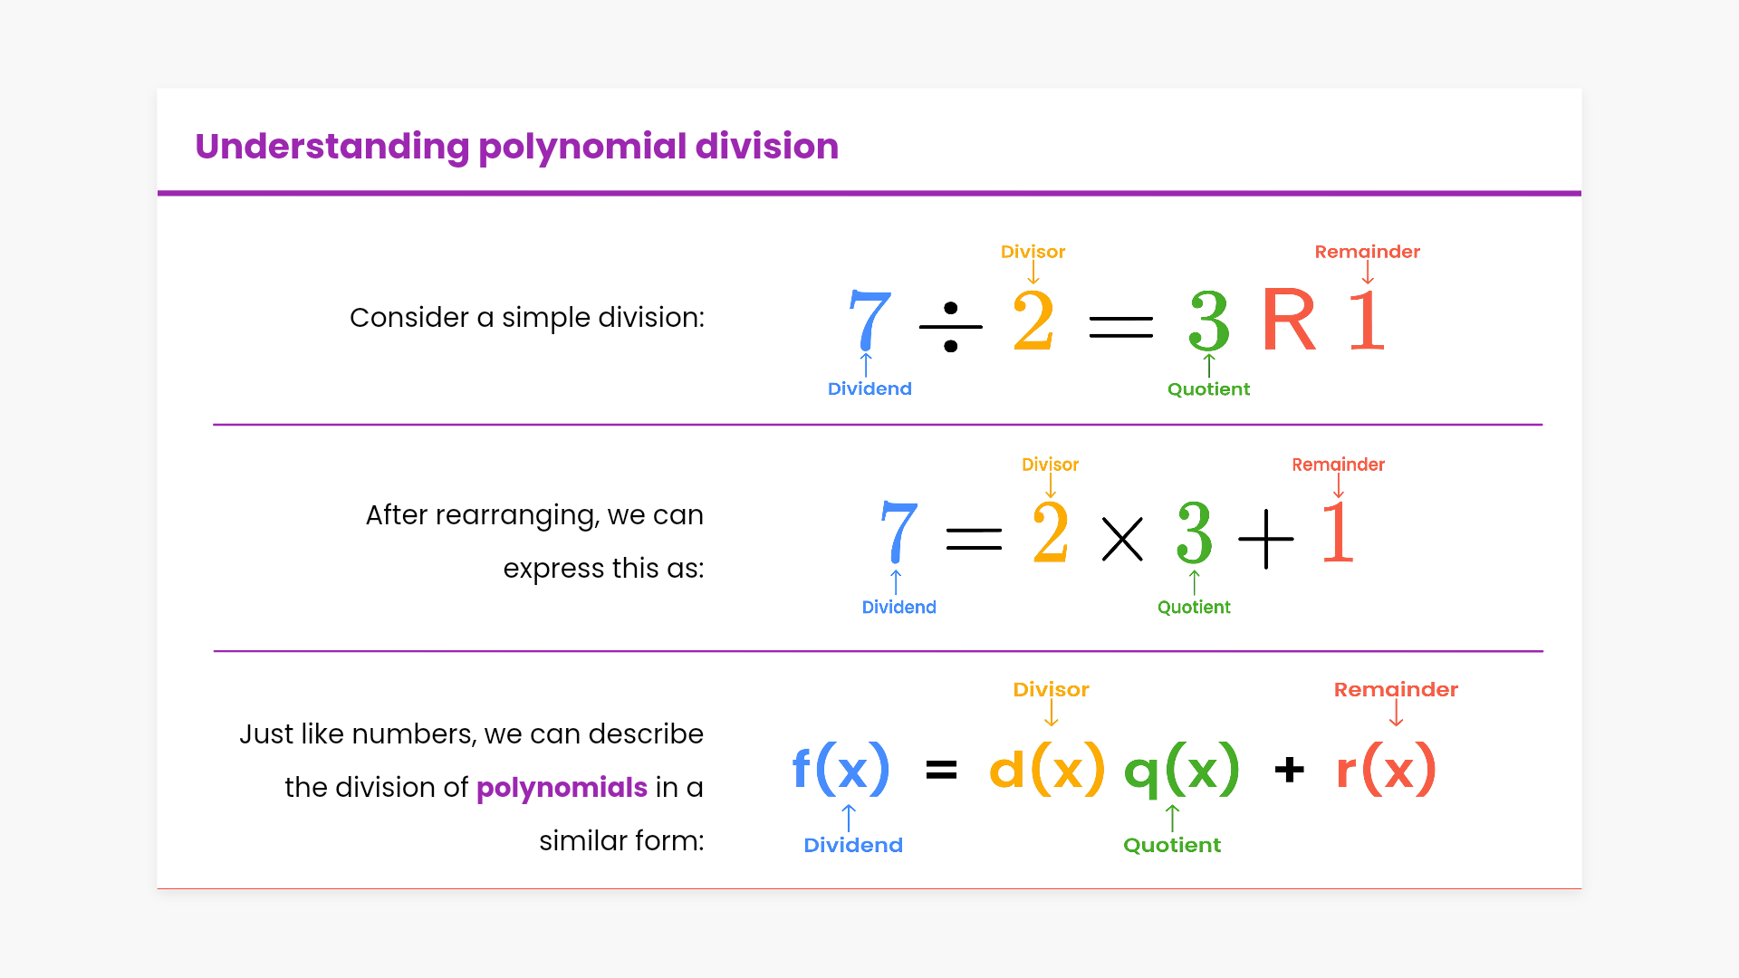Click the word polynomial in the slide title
[x=582, y=147]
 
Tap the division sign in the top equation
[x=950, y=327]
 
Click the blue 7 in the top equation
[x=869, y=320]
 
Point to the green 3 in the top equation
[x=1209, y=321]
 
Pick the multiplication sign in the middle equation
[x=1122, y=539]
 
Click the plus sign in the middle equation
[x=1265, y=539]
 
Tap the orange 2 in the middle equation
[x=1051, y=534]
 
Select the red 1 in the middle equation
[x=1338, y=534]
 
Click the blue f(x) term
[x=841, y=769]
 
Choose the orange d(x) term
[x=1047, y=769]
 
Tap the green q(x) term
[x=1181, y=771]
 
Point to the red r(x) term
[x=1386, y=769]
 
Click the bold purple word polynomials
[x=562, y=788]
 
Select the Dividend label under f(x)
[x=853, y=845]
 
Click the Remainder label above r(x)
[x=1396, y=690]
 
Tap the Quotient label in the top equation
[x=1208, y=389]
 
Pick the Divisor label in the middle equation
[x=1051, y=465]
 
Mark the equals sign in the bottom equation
[x=941, y=771]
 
